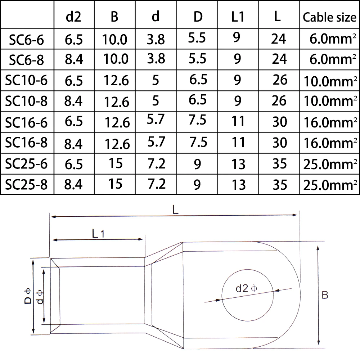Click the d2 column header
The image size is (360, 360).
click(x=73, y=17)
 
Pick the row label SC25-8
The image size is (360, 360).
click(x=27, y=185)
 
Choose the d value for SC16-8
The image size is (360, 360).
click(x=156, y=141)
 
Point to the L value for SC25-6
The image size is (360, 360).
click(x=280, y=164)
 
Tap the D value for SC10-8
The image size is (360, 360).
click(x=198, y=100)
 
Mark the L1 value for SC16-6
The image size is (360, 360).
click(x=238, y=121)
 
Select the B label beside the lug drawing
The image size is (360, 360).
click(x=325, y=295)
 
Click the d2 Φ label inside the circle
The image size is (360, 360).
click(x=246, y=288)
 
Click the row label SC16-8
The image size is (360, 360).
click(x=27, y=143)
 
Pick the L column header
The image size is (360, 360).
click(x=277, y=17)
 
